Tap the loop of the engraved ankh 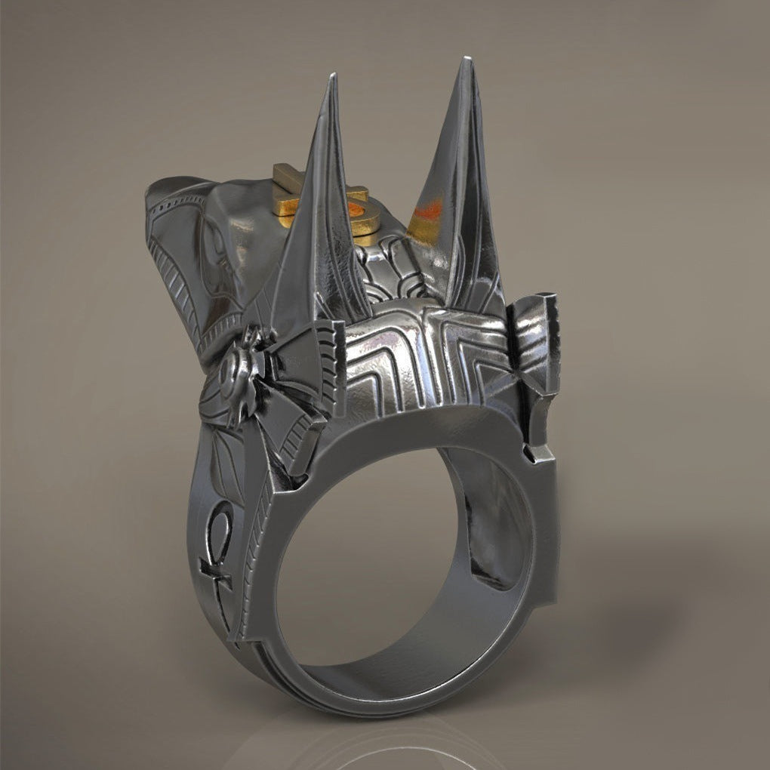tap(220, 521)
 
